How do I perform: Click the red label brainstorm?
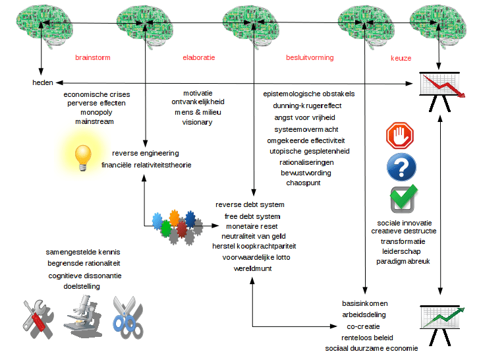coord(92,58)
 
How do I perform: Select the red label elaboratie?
coord(199,58)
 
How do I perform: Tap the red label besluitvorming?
coord(310,58)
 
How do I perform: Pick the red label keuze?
coord(401,58)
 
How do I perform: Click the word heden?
coord(43,82)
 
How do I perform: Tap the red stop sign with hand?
coord(399,136)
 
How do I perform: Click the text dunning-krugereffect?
coord(307,105)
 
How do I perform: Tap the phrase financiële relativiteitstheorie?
coord(146,165)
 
